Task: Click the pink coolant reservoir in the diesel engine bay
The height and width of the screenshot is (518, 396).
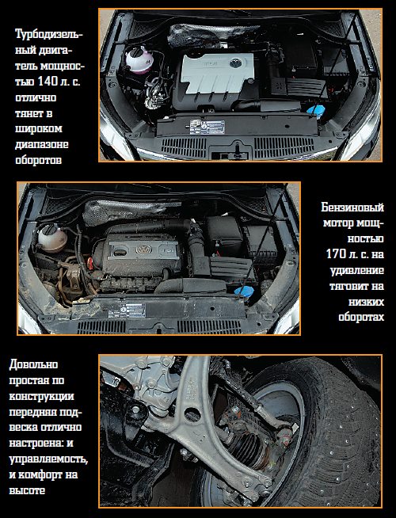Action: (139, 59)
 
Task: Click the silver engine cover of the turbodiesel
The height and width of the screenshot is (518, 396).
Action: (218, 73)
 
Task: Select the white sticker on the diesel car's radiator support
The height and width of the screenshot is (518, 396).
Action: (207, 127)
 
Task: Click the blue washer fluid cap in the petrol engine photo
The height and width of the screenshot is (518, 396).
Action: (244, 291)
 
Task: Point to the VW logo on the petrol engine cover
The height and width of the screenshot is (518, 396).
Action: (143, 249)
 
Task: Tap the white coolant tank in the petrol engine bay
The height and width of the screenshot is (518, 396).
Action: (51, 238)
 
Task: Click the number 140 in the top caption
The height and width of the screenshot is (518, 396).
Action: (48, 82)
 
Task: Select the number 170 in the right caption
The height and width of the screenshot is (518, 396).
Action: (337, 254)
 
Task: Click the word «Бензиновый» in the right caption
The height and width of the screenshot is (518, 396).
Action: (352, 208)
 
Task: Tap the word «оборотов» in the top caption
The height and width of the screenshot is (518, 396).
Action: (38, 160)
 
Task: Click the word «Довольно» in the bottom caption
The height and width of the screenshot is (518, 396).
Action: (33, 364)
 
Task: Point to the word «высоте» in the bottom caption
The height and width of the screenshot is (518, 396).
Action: (27, 490)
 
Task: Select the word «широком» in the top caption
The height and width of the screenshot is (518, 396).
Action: (39, 129)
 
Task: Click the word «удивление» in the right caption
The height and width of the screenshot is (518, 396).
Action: (357, 270)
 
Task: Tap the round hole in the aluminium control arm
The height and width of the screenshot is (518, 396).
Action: (192, 414)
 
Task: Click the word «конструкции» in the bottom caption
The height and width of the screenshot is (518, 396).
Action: (41, 397)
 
